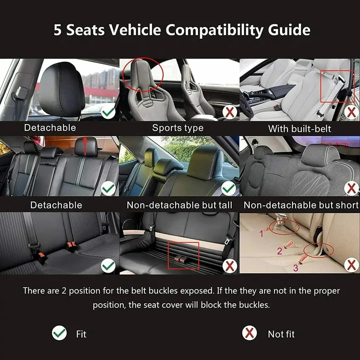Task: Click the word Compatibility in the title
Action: (214, 30)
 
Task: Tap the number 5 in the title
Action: (58, 30)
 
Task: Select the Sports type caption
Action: (178, 128)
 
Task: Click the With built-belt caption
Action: (299, 129)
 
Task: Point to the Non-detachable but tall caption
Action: (179, 205)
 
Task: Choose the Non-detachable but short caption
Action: (301, 205)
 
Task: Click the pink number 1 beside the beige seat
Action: (261, 234)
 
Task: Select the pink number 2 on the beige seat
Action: (279, 251)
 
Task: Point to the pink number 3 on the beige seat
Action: (296, 268)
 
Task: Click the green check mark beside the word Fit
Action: (59, 333)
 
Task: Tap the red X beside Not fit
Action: (249, 333)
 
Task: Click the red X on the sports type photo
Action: (230, 112)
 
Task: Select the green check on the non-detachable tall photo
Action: (229, 189)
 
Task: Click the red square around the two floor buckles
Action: (168, 255)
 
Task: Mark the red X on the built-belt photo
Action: (351, 112)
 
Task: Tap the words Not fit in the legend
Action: (281, 334)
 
